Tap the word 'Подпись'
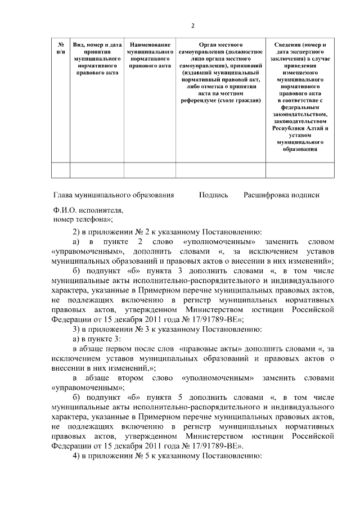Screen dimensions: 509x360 pyautogui.click(x=213, y=195)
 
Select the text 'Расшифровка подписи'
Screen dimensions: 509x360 pyautogui.click(x=281, y=195)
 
